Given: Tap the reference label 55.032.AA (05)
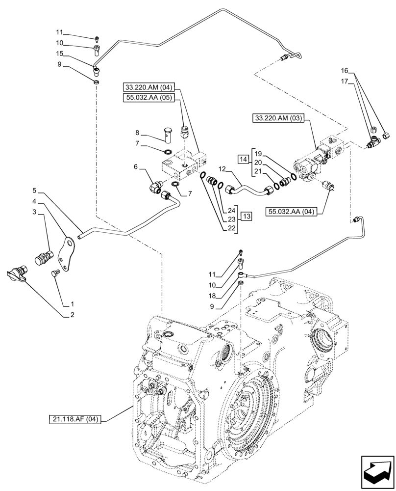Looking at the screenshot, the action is pyautogui.click(x=149, y=98).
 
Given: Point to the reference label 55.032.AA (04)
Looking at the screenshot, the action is pyautogui.click(x=293, y=212).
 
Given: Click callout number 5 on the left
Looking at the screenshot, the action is pyautogui.click(x=35, y=190).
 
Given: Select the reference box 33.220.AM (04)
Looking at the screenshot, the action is pyautogui.click(x=149, y=87).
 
